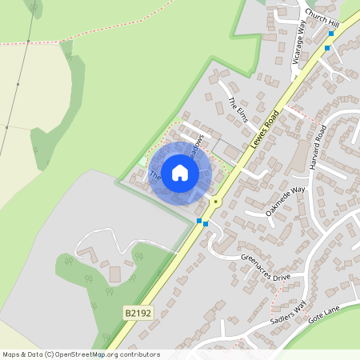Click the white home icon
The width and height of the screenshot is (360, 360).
pos(180,172)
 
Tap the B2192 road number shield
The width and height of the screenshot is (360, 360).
pos(138,314)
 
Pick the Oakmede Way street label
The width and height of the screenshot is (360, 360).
pos(286,202)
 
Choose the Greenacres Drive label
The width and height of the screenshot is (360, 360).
pos(266,267)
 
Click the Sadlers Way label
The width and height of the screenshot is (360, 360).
pos(288,313)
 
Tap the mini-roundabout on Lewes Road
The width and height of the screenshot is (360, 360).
pos(215,203)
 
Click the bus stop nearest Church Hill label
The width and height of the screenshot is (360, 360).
pos(331,34)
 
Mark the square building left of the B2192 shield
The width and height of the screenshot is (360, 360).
pos(114,274)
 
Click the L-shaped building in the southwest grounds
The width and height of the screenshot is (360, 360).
pos(86,255)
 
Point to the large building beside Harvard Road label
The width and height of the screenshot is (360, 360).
pos(300,158)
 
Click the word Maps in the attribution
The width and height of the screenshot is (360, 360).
pos(11,354)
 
